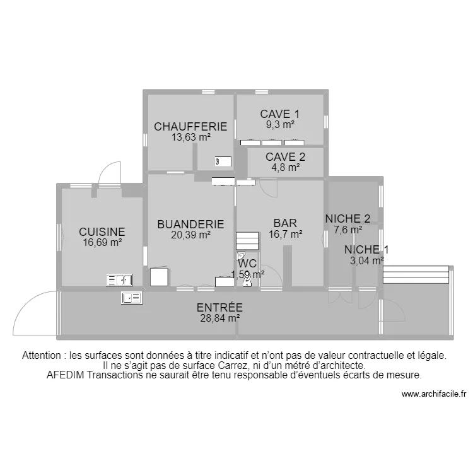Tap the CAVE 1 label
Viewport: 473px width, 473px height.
tap(279, 114)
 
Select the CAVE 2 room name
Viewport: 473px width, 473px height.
tap(285, 157)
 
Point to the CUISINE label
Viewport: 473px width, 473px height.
tap(102, 232)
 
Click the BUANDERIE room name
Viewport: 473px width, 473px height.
tap(190, 224)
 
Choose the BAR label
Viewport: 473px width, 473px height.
tap(285, 223)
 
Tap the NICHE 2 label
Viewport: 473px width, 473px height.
tap(347, 219)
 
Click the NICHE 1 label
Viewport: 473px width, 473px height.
tap(366, 249)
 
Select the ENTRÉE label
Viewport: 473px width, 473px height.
tap(219, 308)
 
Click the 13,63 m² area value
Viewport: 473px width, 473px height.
tap(190, 136)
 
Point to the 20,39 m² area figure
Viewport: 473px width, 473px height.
tap(190, 234)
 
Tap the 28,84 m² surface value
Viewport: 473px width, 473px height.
tap(219, 318)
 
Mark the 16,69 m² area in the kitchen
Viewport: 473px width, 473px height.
tap(102, 242)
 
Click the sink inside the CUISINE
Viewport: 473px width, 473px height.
tap(119, 280)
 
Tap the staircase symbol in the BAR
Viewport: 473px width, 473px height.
tap(247, 242)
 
